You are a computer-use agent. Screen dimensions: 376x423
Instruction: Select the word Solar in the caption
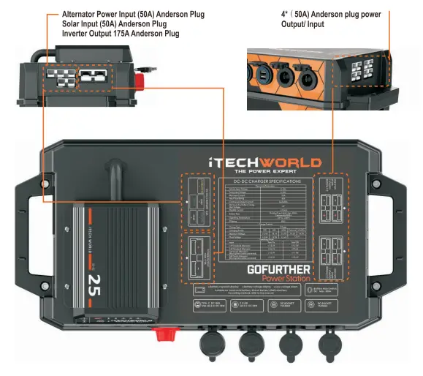(73, 24)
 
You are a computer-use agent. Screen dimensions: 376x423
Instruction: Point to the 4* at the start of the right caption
(285, 15)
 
